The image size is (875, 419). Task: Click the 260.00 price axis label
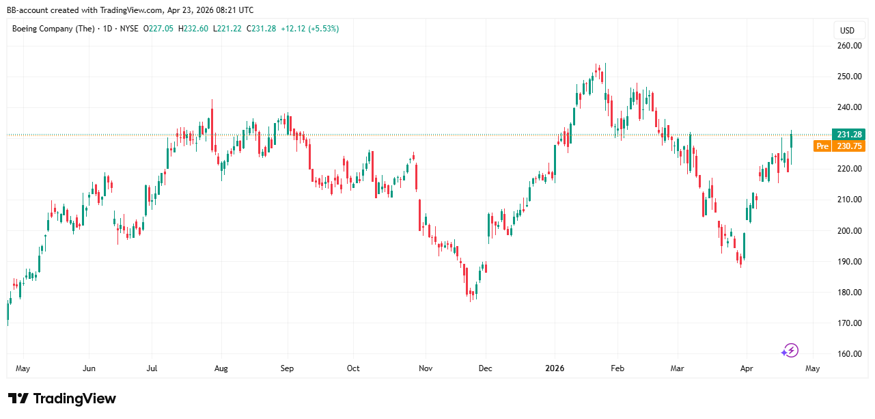[849, 46]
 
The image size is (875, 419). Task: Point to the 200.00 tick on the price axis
[849, 230]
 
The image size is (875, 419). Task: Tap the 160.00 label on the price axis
[849, 354]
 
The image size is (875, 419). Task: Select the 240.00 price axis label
[849, 107]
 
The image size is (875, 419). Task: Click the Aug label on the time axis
[221, 368]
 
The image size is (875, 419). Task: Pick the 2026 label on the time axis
[555, 368]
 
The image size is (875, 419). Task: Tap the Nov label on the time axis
[426, 368]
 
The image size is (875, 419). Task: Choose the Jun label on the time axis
[88, 368]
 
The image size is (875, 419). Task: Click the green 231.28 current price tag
[848, 135]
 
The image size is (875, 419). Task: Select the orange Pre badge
[822, 146]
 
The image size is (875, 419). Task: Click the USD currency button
[847, 30]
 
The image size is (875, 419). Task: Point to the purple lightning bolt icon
[790, 351]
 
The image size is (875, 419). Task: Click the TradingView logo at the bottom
[62, 398]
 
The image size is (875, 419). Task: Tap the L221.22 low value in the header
[227, 29]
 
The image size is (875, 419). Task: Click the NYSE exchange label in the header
[128, 29]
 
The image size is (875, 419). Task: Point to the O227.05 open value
[158, 29]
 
